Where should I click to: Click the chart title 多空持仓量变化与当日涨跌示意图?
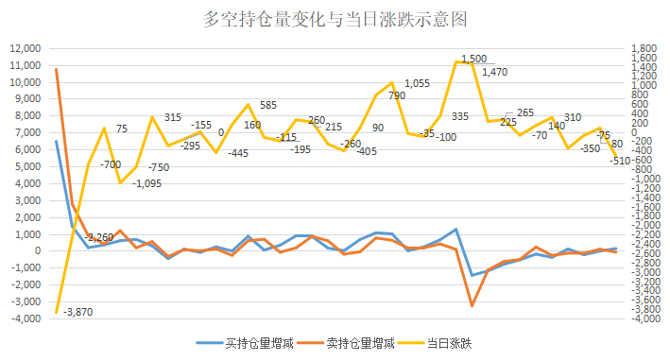(x=335, y=19)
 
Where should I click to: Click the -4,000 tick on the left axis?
(x=23, y=318)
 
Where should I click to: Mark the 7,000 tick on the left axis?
(x=26, y=133)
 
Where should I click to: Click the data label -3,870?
(x=80, y=311)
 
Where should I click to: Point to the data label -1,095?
(x=121, y=183)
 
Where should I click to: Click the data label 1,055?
(x=416, y=83)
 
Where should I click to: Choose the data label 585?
(x=267, y=105)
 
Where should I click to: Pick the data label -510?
(x=620, y=161)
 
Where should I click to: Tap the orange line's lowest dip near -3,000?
(x=472, y=305)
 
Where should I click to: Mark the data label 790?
(x=396, y=95)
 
